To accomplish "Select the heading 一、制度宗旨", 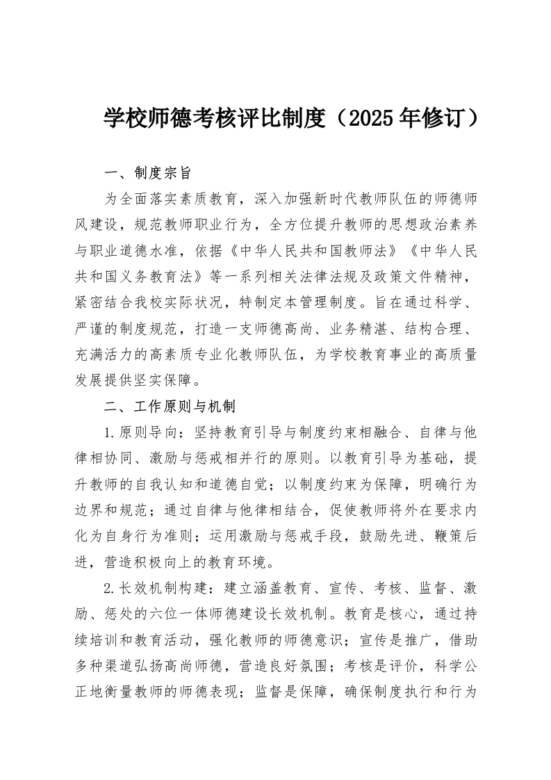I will [x=143, y=172].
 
